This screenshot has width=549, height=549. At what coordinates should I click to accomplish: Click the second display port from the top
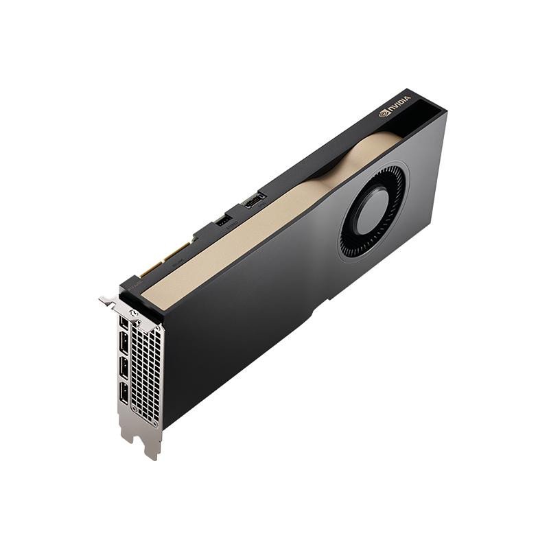[x=124, y=344]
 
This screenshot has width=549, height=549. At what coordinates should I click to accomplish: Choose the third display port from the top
[x=124, y=368]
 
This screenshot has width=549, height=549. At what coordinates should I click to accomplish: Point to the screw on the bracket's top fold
[x=135, y=312]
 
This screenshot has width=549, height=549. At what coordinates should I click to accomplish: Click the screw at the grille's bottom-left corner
[x=134, y=414]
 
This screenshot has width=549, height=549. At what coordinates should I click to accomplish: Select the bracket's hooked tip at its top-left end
[x=104, y=300]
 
